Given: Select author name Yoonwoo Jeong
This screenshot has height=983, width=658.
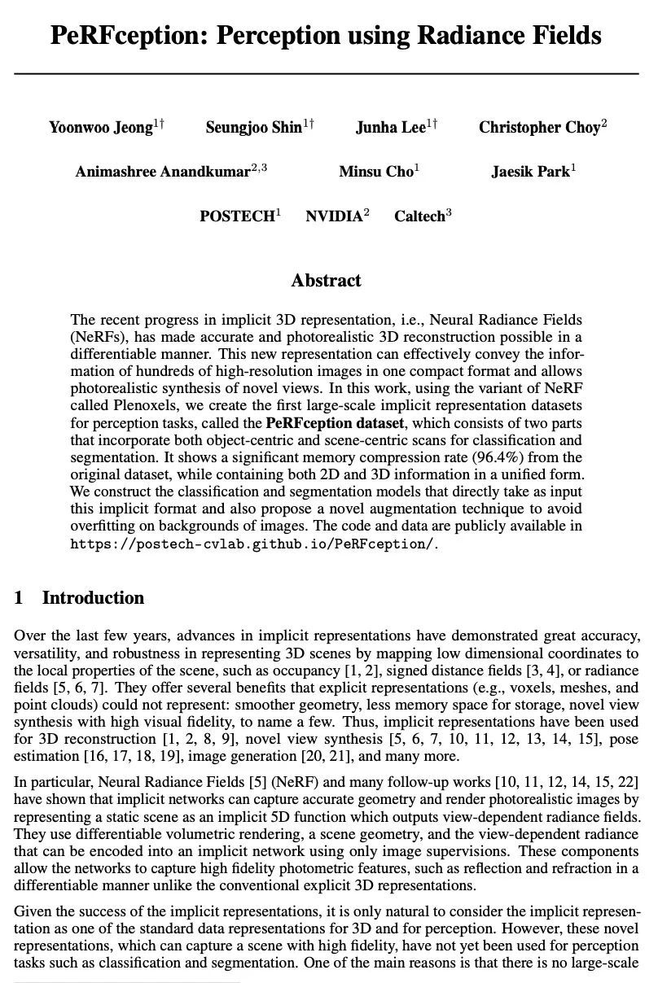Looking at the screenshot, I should tap(101, 128).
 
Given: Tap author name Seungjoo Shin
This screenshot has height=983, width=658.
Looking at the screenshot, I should tap(253, 128).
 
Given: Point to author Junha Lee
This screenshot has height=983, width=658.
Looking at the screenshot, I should tap(391, 128).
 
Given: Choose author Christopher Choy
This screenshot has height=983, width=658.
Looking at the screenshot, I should tap(539, 128).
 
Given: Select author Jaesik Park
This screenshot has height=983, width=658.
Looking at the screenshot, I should tap(530, 172).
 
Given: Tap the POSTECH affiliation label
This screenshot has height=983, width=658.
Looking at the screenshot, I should tap(237, 216).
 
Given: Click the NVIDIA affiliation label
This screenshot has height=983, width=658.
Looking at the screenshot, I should tap(334, 216).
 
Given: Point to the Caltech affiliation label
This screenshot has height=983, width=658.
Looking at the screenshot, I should tap(419, 216).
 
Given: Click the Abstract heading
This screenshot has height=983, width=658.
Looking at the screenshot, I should tap(326, 281).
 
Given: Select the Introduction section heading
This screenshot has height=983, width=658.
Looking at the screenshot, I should tap(93, 598).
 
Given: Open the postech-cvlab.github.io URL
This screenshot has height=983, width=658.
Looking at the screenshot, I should tap(253, 544).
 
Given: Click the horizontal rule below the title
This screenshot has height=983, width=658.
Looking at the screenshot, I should tap(326, 74).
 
